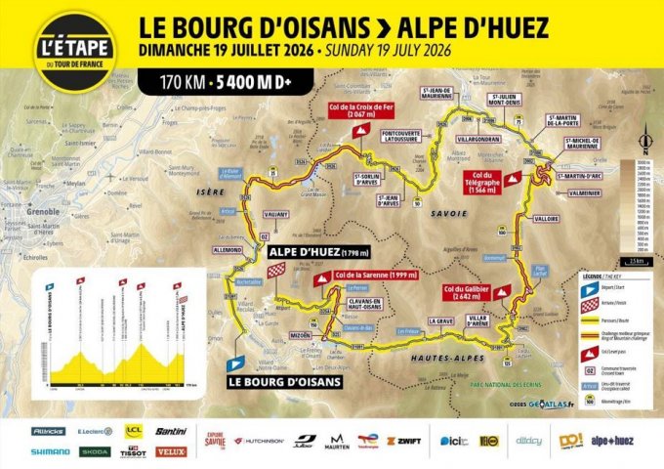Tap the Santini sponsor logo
[171, 431]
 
